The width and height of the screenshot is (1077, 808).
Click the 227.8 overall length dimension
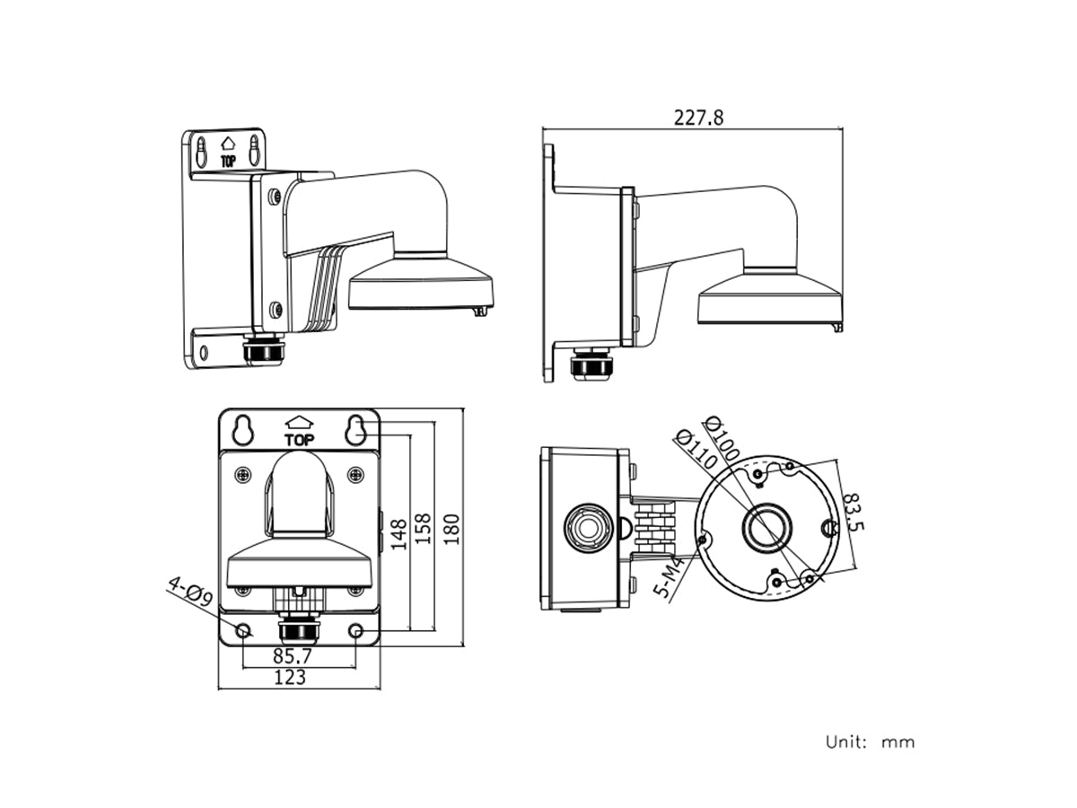697,117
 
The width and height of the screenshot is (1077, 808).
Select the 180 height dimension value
451,528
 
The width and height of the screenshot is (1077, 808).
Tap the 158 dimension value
424,531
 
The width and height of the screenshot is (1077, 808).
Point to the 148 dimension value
398,533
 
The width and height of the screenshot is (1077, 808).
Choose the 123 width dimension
289,677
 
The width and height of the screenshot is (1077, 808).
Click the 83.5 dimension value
854,511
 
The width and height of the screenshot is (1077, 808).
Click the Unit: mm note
870,742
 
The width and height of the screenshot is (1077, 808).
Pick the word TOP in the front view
299,440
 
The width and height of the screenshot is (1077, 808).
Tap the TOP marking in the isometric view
228,162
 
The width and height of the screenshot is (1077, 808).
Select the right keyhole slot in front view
356,429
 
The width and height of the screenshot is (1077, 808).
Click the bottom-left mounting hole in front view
243,631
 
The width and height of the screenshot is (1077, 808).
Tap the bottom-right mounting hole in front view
356,631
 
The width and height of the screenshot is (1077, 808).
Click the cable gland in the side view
589,364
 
